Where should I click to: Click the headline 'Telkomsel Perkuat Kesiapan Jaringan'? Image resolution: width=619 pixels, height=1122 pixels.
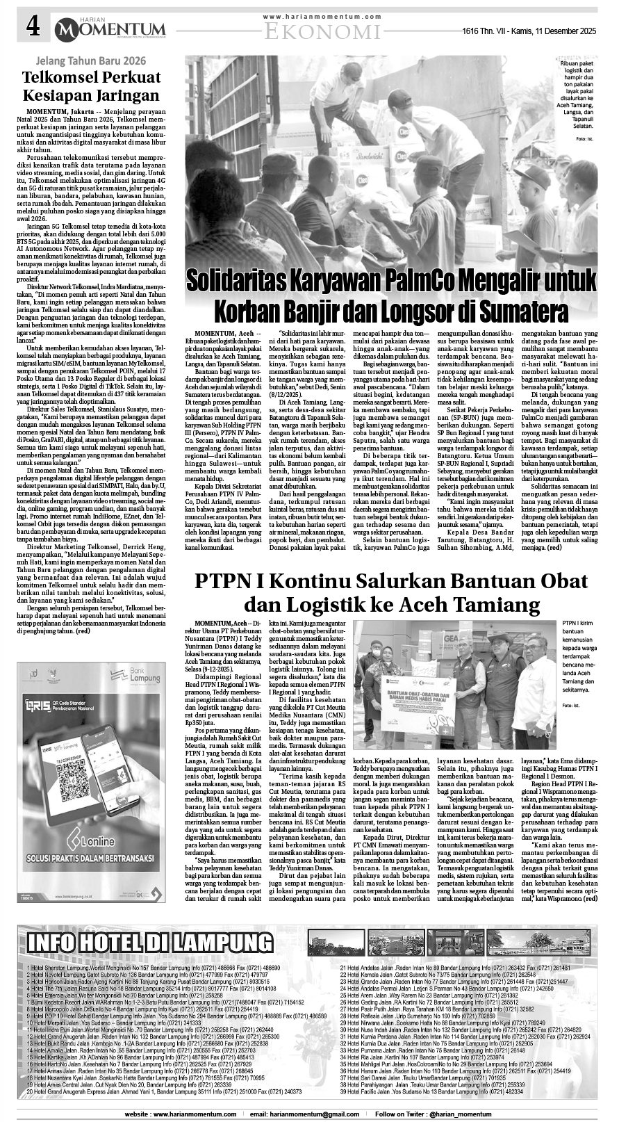[x=91, y=86]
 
